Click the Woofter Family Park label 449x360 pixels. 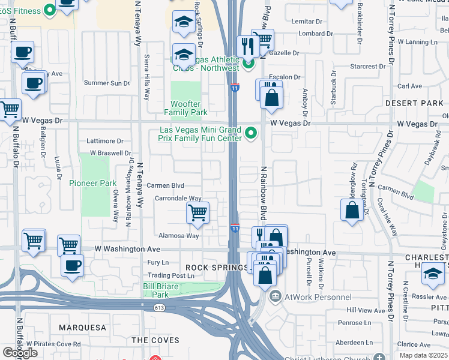(x=186, y=109)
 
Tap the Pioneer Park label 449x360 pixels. (x=92, y=183)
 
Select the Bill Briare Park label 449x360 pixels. (x=161, y=290)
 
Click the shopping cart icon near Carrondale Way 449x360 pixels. (x=198, y=212)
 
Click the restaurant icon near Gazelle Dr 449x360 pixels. (x=248, y=46)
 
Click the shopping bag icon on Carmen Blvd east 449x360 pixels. (x=352, y=210)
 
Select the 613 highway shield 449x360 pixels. (x=158, y=307)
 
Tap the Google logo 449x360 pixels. (x=20, y=353)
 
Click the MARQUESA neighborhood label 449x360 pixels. (x=82, y=328)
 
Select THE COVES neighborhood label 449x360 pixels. (x=155, y=340)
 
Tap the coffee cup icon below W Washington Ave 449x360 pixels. (x=73, y=265)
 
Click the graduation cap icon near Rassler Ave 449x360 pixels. (x=432, y=274)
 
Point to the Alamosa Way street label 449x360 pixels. (x=178, y=236)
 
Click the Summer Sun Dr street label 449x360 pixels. (x=107, y=83)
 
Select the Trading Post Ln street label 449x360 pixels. (x=172, y=275)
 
